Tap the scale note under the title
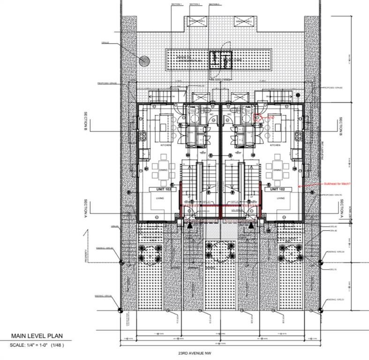click(x=36, y=345)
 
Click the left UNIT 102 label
click(x=159, y=189)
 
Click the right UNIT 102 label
click(x=275, y=189)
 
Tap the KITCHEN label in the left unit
click(x=165, y=146)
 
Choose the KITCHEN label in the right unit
click(x=275, y=146)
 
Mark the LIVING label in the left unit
click(x=160, y=198)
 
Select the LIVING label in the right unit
click(x=281, y=198)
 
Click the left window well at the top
click(x=199, y=21)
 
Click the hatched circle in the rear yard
click(x=144, y=60)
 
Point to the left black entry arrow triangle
click(x=190, y=225)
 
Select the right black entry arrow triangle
click(x=251, y=225)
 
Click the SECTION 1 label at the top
click(x=176, y=4)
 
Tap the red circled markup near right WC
click(x=257, y=118)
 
